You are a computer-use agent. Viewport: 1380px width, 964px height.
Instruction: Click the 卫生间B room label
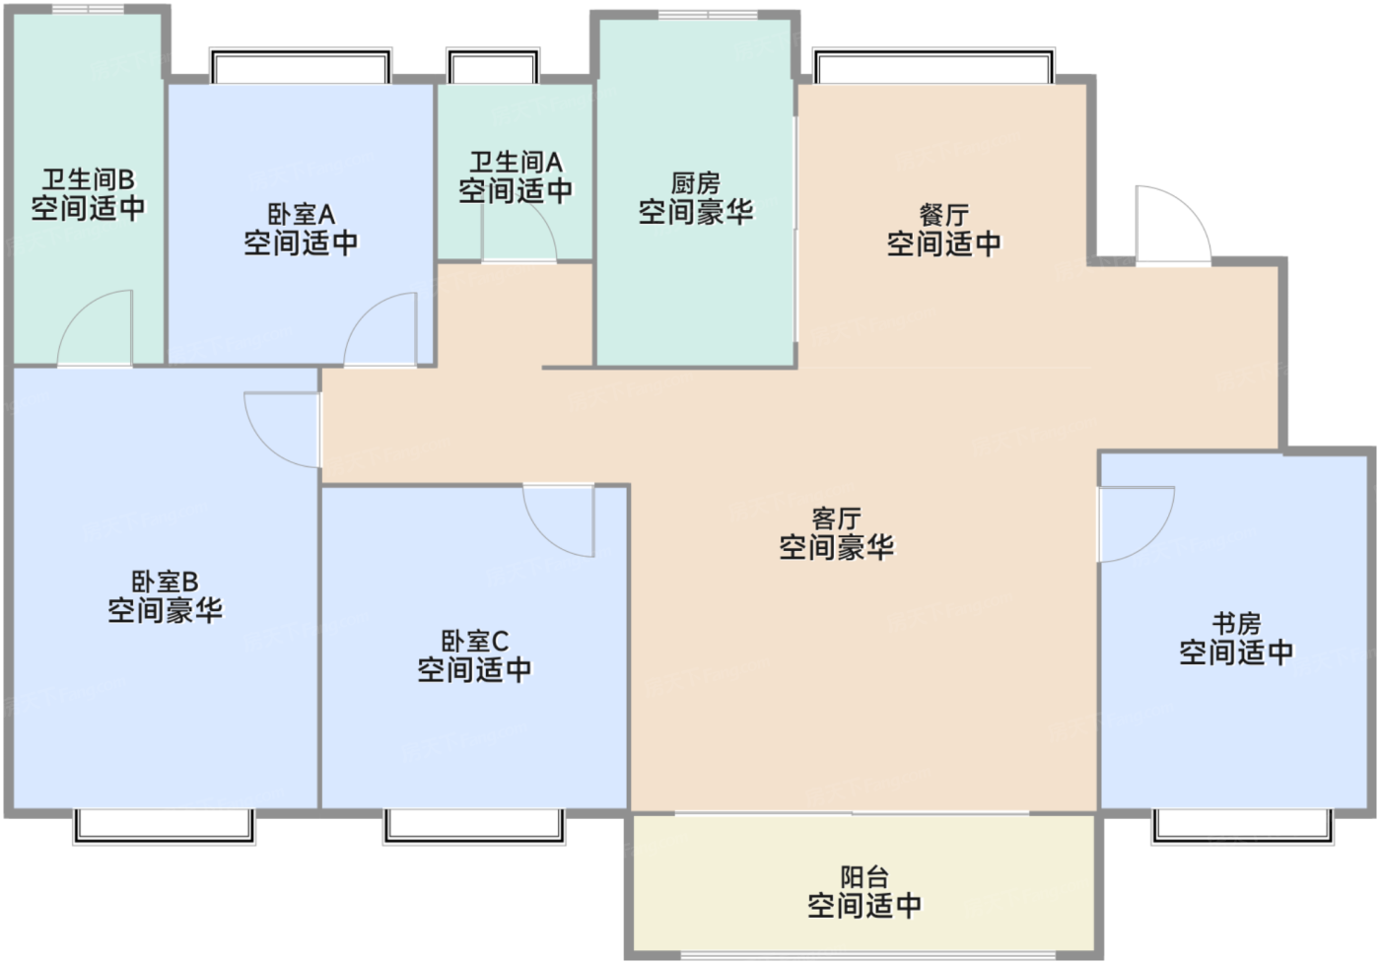89,179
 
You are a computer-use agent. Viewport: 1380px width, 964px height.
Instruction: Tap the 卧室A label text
302,214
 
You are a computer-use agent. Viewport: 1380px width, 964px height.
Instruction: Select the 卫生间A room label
516,163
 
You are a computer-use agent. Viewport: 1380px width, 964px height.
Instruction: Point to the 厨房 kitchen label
696,183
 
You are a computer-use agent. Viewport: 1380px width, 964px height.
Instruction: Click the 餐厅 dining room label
944,215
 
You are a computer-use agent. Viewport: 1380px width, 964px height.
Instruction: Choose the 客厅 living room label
836,518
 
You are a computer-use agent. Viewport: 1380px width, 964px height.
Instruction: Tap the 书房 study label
1236,623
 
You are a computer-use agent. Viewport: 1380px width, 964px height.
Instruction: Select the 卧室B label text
166,582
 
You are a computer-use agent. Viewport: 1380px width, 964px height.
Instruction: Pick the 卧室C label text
475,642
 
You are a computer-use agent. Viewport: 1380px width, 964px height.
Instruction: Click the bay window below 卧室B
164,827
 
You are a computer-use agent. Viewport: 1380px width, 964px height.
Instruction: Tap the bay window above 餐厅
933,65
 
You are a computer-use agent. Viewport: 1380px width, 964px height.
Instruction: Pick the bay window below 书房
1243,827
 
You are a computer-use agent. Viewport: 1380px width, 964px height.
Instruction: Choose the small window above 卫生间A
493,65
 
